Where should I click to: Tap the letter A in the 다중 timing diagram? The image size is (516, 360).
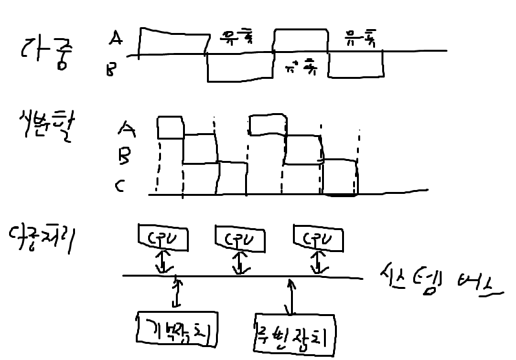click(x=116, y=39)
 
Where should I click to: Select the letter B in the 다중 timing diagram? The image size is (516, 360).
click(x=112, y=69)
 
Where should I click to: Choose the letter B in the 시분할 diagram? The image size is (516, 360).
click(x=125, y=155)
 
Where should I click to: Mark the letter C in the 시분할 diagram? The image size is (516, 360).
click(x=120, y=187)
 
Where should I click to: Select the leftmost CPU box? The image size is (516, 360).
click(x=163, y=238)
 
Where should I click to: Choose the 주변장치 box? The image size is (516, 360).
click(x=295, y=334)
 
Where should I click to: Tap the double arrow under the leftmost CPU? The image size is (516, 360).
click(x=164, y=262)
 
